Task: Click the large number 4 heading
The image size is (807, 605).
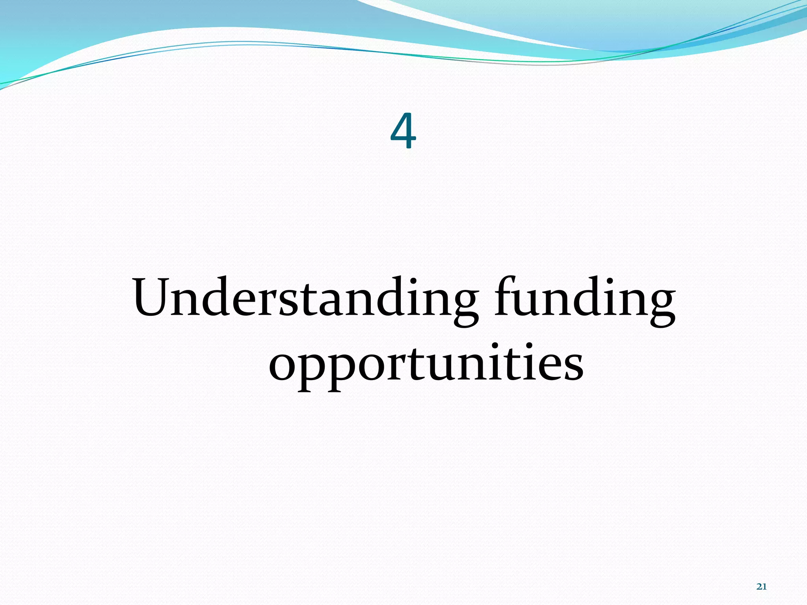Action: (x=403, y=131)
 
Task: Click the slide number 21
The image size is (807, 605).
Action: (x=761, y=586)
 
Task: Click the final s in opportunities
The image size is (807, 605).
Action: (x=572, y=366)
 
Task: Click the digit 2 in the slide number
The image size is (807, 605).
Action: (x=759, y=586)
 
